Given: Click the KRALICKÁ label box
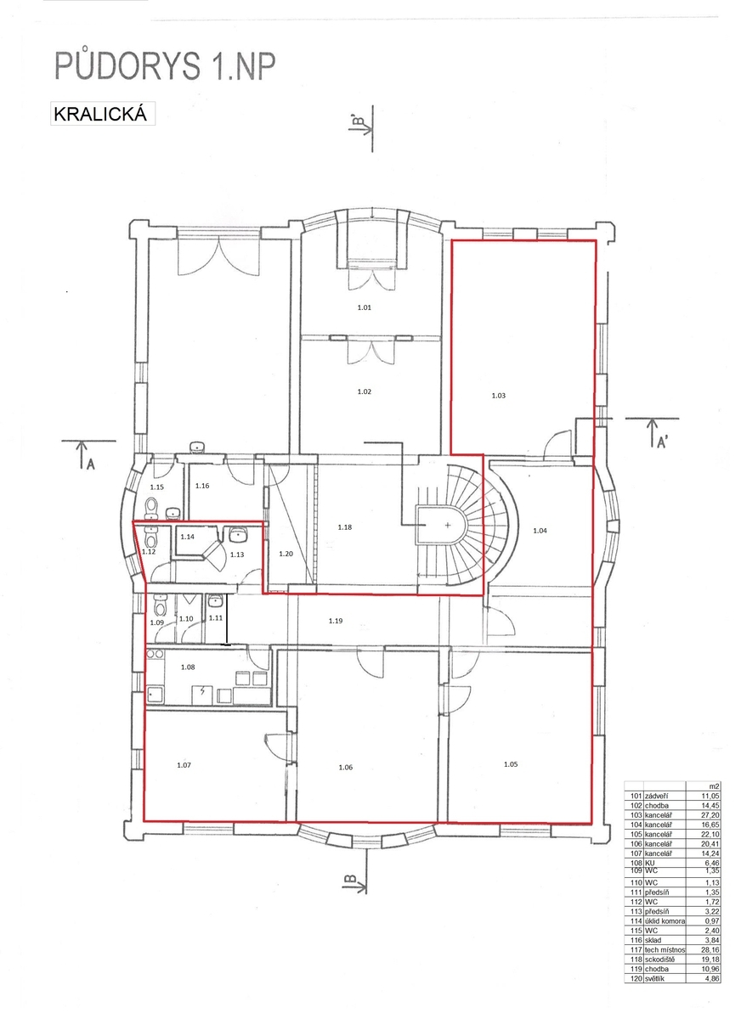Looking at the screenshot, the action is tap(103, 113).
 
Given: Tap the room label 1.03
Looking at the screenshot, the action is tap(499, 396).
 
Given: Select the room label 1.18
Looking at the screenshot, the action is tap(344, 527).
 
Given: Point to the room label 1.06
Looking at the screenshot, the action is tap(346, 767).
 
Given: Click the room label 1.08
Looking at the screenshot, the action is tap(188, 667).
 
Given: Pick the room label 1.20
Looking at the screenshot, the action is tap(286, 554).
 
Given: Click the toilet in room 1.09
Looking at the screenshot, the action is tap(159, 605).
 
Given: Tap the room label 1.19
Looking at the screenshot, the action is tap(336, 621).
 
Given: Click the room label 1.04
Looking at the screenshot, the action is tap(540, 531).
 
